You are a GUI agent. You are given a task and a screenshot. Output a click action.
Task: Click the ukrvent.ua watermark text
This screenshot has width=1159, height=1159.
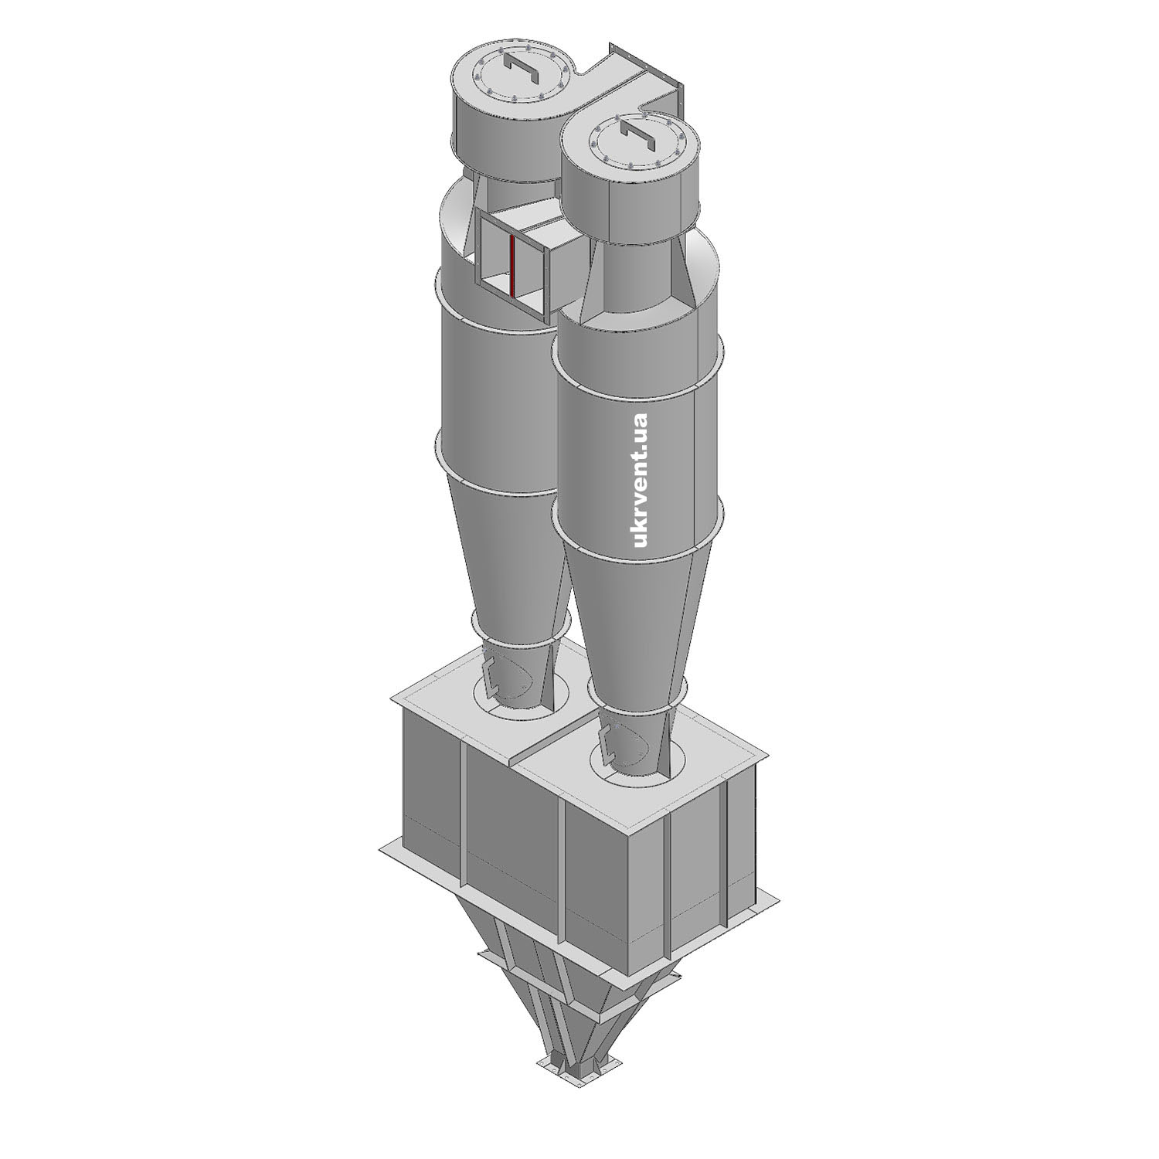[640, 480]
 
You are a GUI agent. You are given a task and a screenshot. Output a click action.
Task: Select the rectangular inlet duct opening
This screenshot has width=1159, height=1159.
[513, 263]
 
